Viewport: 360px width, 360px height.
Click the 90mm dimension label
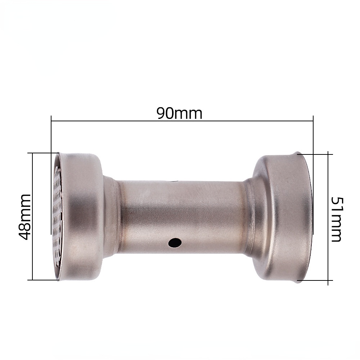tap(179, 113)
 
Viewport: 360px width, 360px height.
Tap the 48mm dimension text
tap(25, 216)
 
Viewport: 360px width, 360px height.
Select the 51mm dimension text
tap(335, 219)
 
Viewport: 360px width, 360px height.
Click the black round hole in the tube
tap(175, 243)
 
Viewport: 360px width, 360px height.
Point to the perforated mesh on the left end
tap(57, 216)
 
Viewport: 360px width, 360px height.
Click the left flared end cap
tap(81, 216)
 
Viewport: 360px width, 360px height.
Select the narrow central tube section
tap(180, 216)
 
